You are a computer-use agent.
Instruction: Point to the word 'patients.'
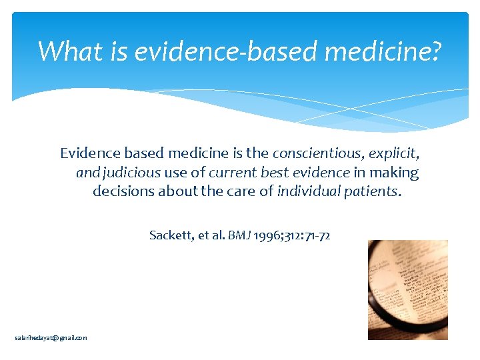(373, 191)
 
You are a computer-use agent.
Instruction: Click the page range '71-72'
(317, 235)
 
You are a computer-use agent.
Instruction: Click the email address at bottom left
(51, 338)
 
